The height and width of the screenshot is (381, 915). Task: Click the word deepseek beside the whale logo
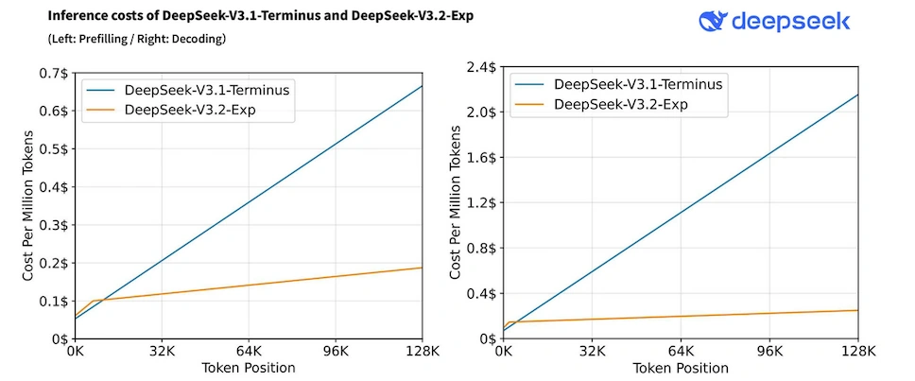click(795, 22)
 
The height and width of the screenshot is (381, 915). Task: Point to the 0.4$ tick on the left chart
click(54, 187)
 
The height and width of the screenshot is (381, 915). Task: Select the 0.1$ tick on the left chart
click(54, 301)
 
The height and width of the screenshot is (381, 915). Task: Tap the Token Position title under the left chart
click(248, 368)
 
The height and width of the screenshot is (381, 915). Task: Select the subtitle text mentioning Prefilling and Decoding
click(137, 39)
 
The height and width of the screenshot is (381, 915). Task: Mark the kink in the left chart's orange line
click(92, 301)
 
